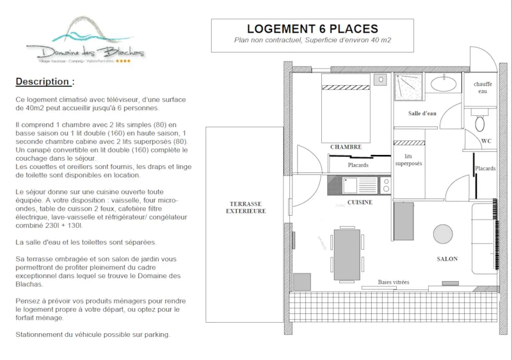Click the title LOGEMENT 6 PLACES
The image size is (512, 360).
tap(312, 29)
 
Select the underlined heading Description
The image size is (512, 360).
tap(44, 82)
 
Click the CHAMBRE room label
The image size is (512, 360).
tap(346, 147)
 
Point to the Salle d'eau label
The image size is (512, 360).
tap(422, 113)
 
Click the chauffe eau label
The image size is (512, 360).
tap(483, 88)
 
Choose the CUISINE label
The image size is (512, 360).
tap(360, 202)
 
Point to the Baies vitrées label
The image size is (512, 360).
tap(393, 282)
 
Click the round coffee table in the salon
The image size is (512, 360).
tap(442, 234)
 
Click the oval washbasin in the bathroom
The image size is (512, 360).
tap(442, 83)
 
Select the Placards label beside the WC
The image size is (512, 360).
tap(484, 168)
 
